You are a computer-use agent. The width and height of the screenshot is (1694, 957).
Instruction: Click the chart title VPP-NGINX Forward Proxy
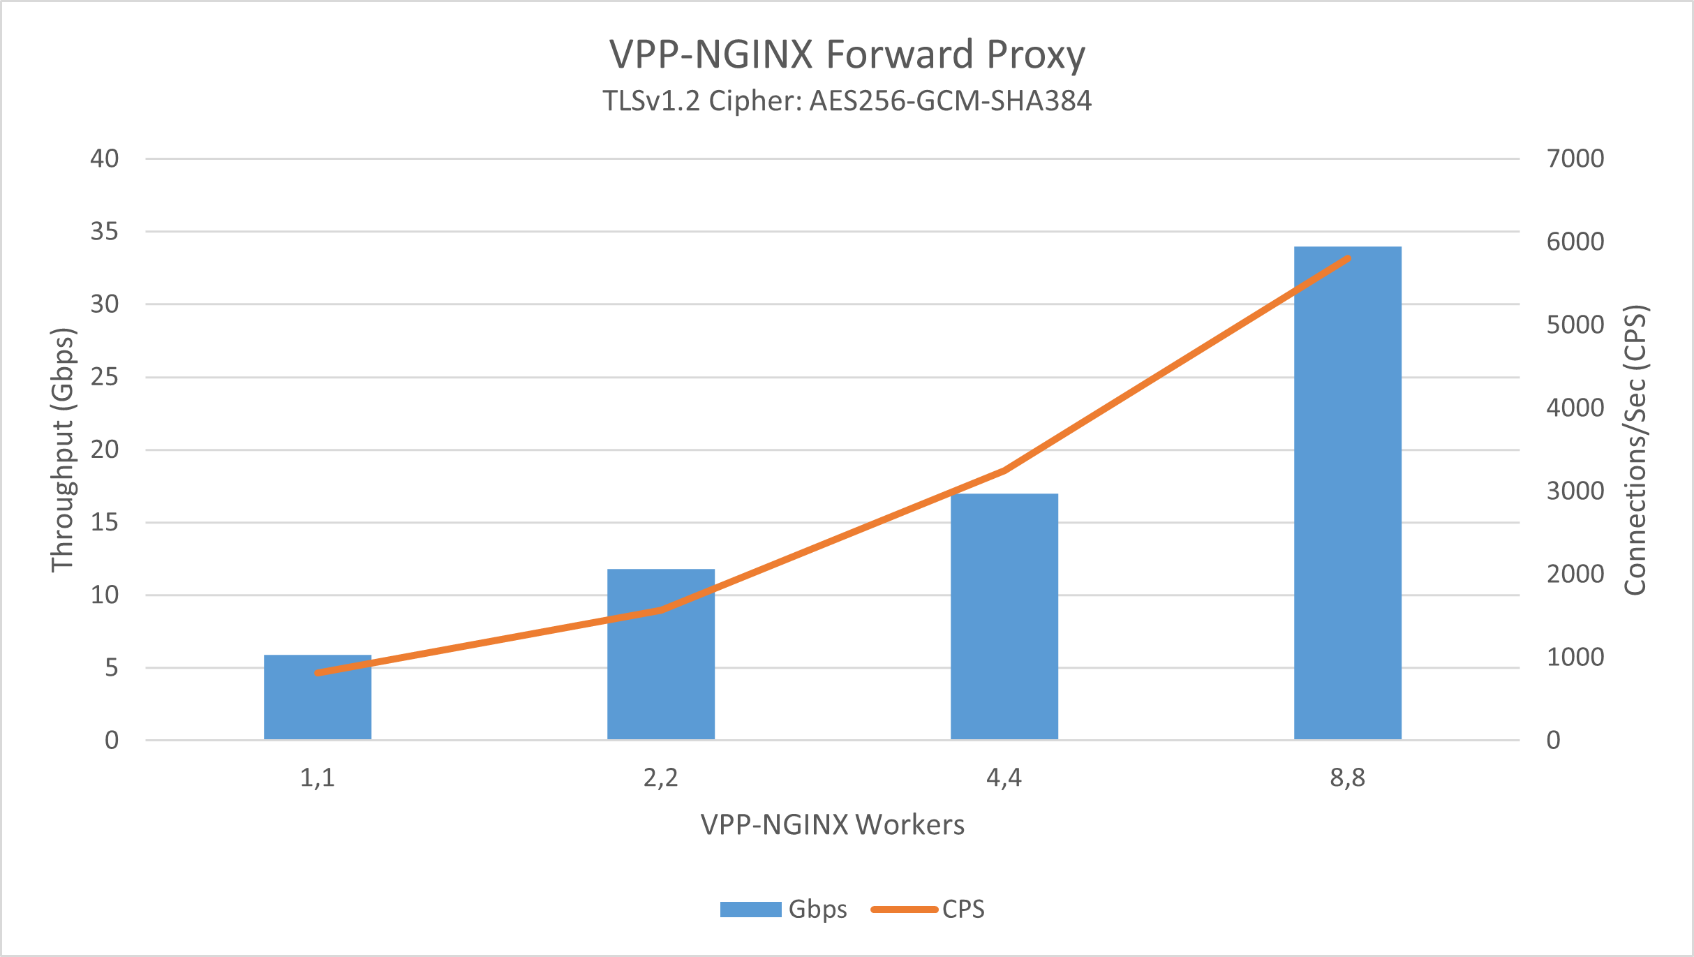pyautogui.click(x=847, y=54)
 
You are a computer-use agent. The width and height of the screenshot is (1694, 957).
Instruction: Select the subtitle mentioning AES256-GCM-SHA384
pyautogui.click(x=847, y=101)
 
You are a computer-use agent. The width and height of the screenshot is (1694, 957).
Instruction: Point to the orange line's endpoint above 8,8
pyautogui.click(x=1347, y=259)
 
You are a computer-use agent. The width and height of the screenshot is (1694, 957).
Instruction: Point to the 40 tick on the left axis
pyautogui.click(x=105, y=158)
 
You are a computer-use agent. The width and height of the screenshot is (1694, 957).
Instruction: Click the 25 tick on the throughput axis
pyautogui.click(x=105, y=377)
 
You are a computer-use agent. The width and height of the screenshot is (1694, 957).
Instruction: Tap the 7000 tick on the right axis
pyautogui.click(x=1575, y=158)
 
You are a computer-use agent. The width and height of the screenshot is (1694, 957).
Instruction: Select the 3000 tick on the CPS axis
pyautogui.click(x=1575, y=491)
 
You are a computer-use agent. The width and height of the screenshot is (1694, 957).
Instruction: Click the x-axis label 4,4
pyautogui.click(x=1004, y=778)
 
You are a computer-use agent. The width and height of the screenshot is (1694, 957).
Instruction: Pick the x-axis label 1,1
pyautogui.click(x=318, y=778)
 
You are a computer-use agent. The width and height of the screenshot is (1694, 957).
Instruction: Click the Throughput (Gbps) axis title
pyautogui.click(x=62, y=450)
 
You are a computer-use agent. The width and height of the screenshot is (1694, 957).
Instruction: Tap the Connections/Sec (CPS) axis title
pyautogui.click(x=1635, y=450)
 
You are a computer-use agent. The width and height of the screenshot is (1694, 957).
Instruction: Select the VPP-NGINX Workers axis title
pyautogui.click(x=833, y=825)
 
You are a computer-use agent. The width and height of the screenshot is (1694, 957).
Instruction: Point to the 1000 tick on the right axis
pyautogui.click(x=1575, y=657)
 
